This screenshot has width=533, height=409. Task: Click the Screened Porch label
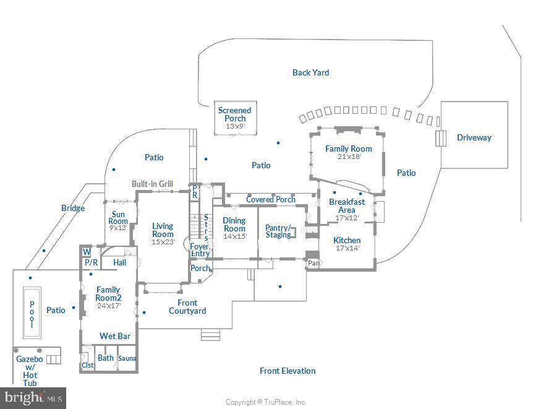235,114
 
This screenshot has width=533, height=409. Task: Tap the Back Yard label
310,72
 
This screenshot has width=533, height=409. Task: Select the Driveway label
474,137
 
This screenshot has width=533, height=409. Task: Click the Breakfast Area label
347,205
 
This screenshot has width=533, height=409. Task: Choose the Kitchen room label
347,240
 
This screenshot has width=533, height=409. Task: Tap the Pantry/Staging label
278,231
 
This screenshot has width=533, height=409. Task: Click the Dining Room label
234,224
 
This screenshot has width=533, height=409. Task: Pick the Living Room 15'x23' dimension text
163,242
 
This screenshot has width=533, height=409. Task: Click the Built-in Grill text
152,184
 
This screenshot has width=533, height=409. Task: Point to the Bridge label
73,208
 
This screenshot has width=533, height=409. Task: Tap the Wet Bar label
115,336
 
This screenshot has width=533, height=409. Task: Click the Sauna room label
127,358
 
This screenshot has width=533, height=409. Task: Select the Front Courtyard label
187,306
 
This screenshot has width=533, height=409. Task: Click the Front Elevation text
288,371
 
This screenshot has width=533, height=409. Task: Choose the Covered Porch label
271,199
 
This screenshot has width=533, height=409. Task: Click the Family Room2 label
108,293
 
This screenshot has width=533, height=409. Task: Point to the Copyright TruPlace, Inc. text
266,402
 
